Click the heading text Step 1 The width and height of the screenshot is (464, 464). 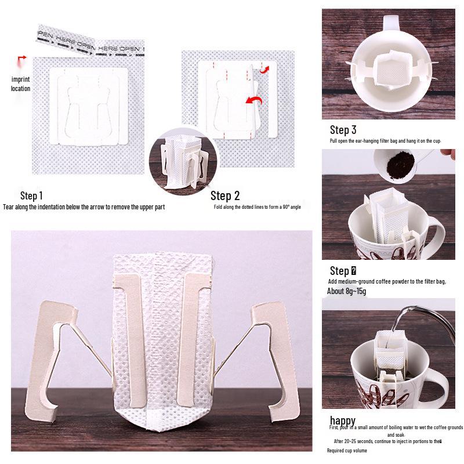click(x=31, y=195)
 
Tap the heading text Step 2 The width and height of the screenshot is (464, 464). click(x=225, y=195)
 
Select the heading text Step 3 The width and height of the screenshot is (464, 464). click(x=343, y=130)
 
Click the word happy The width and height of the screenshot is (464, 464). click(x=343, y=420)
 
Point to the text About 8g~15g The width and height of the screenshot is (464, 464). click(x=347, y=291)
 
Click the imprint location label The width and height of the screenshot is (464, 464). click(x=20, y=84)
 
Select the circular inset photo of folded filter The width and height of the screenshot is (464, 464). click(x=182, y=164)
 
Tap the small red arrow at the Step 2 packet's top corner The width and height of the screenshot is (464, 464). click(x=264, y=70)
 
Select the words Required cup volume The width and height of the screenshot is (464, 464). click(x=348, y=450)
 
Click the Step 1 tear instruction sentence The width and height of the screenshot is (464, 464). click(x=84, y=207)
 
